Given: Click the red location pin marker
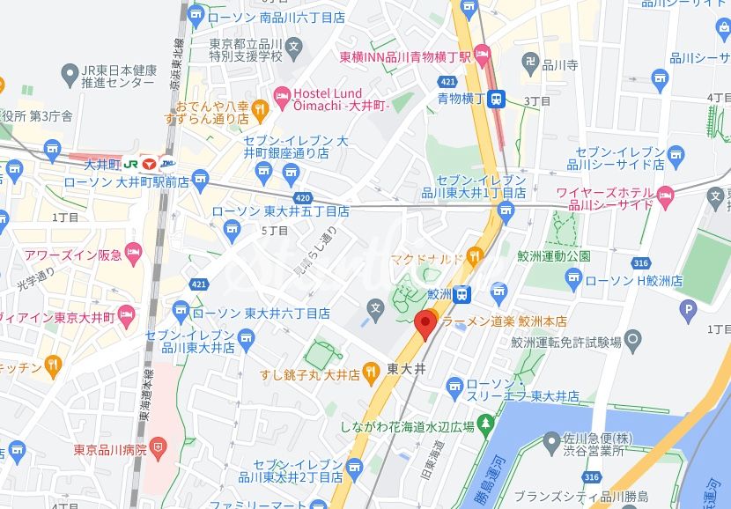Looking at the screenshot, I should [x=426, y=323].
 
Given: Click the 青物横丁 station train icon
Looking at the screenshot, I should [x=497, y=99].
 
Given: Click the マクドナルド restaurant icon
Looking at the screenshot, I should [x=475, y=257].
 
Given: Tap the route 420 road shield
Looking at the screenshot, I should [x=302, y=197].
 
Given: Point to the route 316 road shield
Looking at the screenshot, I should [x=640, y=263].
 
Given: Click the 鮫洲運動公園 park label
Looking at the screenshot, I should [x=554, y=255].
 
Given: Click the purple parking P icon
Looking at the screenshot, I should [x=688, y=308].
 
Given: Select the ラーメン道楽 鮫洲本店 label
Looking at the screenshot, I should [x=504, y=321].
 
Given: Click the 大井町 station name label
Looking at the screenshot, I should [x=101, y=164].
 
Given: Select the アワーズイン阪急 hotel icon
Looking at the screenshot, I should [x=134, y=255].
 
